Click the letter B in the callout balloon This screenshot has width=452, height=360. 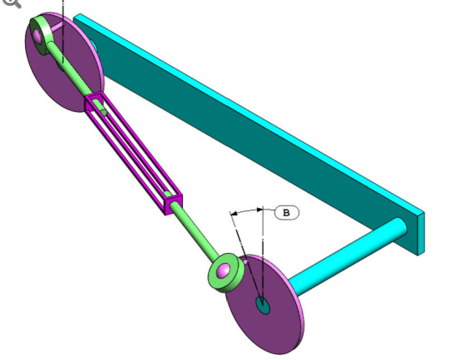(287, 213)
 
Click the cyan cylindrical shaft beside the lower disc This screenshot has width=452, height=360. (347, 251)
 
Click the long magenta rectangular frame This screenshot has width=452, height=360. (134, 155)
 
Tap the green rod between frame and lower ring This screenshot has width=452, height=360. (196, 232)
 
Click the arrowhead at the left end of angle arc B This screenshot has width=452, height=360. (234, 213)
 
